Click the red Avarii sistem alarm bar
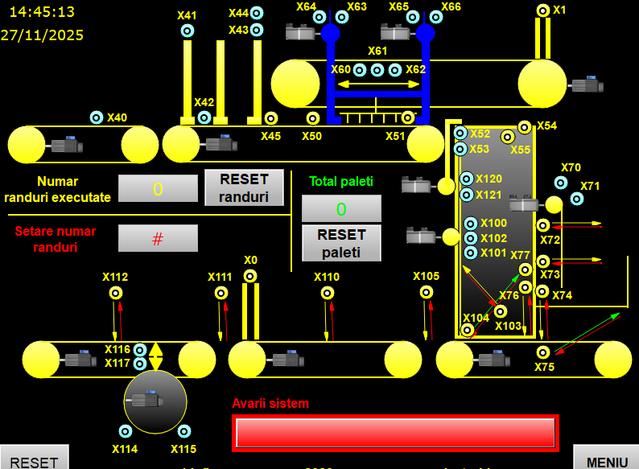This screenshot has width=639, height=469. pyautogui.click(x=394, y=433)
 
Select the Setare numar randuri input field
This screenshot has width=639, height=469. pyautogui.click(x=158, y=238)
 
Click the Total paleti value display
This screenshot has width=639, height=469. pyautogui.click(x=341, y=208)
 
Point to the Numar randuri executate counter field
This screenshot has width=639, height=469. pyautogui.click(x=158, y=188)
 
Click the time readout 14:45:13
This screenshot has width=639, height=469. pyautogui.click(x=42, y=12)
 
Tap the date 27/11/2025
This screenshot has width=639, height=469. pyautogui.click(x=42, y=35)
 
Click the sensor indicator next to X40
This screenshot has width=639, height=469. pyautogui.click(x=97, y=117)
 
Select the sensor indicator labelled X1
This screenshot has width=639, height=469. pyautogui.click(x=542, y=10)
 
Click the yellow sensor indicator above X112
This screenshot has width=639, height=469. pyautogui.click(x=116, y=293)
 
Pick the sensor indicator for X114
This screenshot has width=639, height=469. pyautogui.click(x=125, y=431)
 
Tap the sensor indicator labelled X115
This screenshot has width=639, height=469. pyautogui.click(x=183, y=431)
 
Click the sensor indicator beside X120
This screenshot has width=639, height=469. pyautogui.click(x=467, y=179)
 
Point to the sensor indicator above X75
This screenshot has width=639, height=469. pyautogui.click(x=543, y=352)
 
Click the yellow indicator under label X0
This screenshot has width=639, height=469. pyautogui.click(x=250, y=277)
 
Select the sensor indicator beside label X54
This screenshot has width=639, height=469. pyautogui.click(x=525, y=126)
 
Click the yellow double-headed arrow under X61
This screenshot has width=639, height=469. pyautogui.click(x=378, y=84)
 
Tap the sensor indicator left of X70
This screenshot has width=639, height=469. pyautogui.click(x=561, y=183)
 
